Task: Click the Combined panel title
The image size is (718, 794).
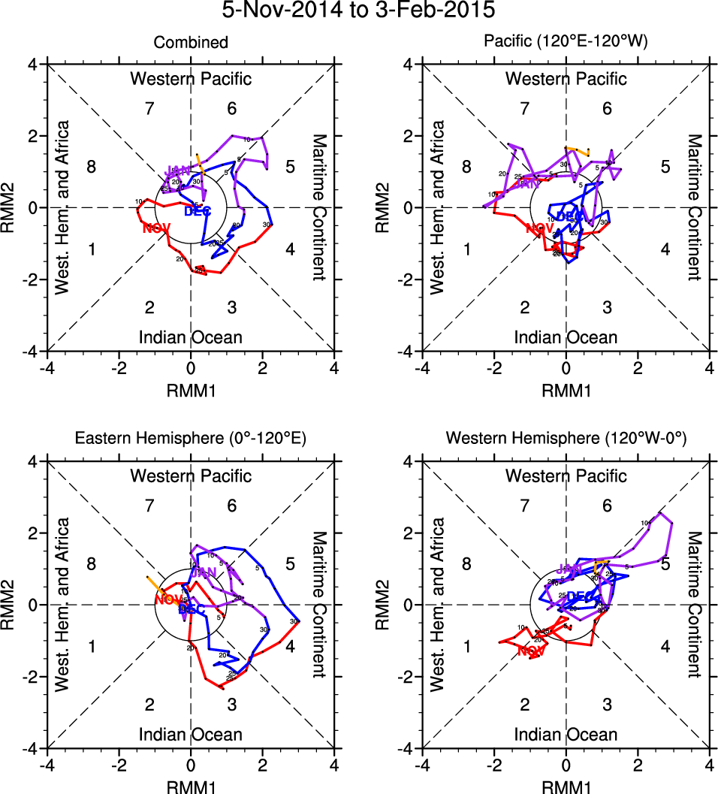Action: [191, 43]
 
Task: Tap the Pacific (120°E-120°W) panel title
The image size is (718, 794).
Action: [566, 43]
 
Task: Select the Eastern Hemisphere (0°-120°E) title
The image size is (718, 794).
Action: [191, 439]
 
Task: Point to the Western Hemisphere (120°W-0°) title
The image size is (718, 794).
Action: [566, 439]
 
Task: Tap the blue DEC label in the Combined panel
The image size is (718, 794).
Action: [197, 211]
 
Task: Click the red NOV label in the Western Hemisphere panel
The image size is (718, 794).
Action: [531, 651]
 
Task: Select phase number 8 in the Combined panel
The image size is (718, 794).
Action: [92, 167]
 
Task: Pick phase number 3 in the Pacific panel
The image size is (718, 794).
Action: [608, 306]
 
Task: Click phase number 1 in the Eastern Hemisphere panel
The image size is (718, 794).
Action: [92, 647]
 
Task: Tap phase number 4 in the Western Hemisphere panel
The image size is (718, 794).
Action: [665, 647]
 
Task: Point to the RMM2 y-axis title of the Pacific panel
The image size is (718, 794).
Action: [387, 207]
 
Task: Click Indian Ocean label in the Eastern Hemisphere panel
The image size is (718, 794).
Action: [191, 734]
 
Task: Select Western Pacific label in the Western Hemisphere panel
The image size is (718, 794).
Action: [566, 475]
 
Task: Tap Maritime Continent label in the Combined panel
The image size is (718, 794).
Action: [319, 207]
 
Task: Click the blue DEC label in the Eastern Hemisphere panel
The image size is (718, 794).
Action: [192, 610]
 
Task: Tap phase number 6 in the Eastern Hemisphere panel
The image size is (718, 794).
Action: [232, 505]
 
